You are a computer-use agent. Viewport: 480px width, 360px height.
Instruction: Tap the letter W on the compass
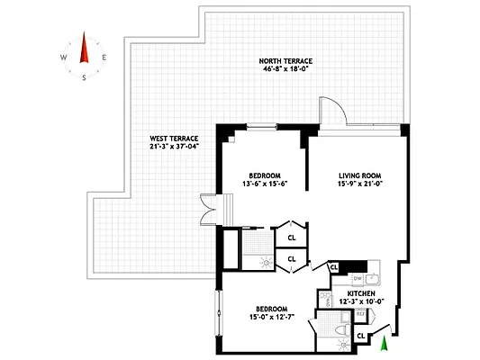tap(65, 56)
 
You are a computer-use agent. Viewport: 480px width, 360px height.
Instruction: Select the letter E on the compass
tap(105, 57)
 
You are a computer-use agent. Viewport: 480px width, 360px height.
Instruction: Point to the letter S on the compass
tap(85, 77)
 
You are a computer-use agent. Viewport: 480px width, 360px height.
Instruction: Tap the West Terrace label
tap(175, 138)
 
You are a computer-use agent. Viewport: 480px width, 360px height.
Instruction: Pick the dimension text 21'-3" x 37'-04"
tap(175, 148)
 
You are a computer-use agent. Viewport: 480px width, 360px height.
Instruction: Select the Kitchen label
tap(362, 293)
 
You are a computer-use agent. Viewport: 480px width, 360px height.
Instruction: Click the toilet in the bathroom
tap(340, 334)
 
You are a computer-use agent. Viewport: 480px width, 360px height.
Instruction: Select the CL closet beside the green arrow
tap(362, 336)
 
